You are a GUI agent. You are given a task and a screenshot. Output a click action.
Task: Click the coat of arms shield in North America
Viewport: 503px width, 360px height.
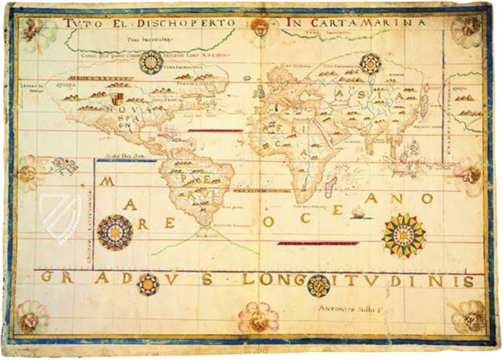point(117,100)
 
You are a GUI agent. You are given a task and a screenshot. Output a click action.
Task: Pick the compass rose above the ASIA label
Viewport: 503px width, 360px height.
point(370,64)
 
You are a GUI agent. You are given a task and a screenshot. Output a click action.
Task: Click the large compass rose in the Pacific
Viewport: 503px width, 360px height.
point(116,232)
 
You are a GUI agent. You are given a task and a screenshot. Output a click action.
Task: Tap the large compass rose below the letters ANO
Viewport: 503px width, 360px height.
point(403,235)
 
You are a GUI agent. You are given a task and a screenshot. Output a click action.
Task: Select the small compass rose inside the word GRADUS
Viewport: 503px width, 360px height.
point(147,283)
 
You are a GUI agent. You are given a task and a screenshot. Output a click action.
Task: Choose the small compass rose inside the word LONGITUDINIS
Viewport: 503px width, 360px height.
point(318,285)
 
